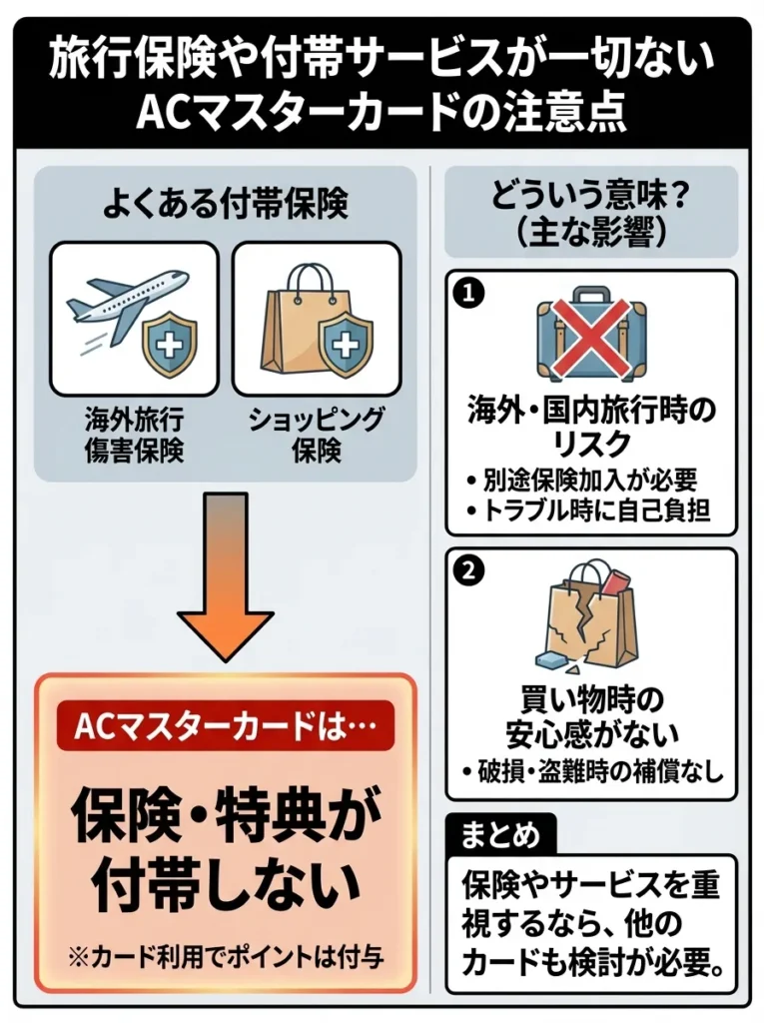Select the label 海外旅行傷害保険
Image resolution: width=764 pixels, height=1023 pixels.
click(x=134, y=435)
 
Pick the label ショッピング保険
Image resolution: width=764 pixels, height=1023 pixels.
click(x=317, y=435)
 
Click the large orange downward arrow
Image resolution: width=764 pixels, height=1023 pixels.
click(x=225, y=573)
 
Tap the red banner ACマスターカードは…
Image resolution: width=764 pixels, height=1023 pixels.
click(x=226, y=724)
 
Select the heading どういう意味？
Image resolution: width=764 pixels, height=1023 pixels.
click(x=591, y=193)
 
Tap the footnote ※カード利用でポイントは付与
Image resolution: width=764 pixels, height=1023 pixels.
click(x=225, y=954)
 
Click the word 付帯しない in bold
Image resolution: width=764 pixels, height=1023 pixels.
click(x=225, y=882)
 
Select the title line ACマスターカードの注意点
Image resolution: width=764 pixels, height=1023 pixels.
click(x=382, y=112)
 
